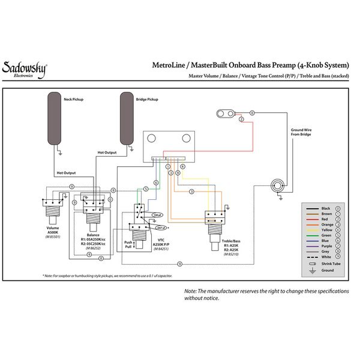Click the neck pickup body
tap(55, 118)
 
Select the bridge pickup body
tap(127, 118)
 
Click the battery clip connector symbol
tap(227, 113)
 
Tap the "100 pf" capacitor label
tap(158, 214)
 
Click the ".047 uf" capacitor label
tap(160, 228)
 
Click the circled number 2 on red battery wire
tap(241, 120)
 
